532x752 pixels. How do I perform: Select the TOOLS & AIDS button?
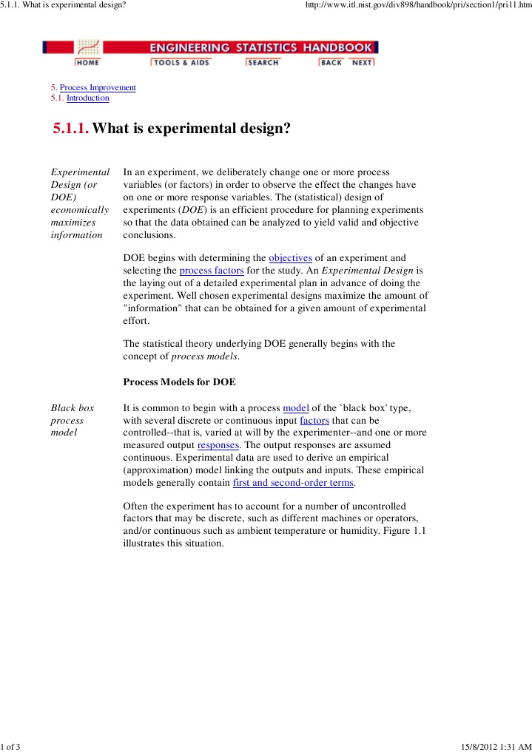[x=181, y=63]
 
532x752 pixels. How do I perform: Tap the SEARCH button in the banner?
[x=263, y=63]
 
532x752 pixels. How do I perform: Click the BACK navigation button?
[x=331, y=63]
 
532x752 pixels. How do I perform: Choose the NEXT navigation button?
[x=363, y=63]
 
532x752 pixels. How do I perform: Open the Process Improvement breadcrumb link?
[x=98, y=87]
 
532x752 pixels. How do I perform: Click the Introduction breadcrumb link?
[x=87, y=98]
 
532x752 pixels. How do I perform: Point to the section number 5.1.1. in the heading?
[x=71, y=129]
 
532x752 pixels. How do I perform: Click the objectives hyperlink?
[x=291, y=258]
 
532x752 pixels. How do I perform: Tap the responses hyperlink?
[x=218, y=446]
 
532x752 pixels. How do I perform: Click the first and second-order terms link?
[x=293, y=483]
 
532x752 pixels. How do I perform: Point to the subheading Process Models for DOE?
[x=179, y=382]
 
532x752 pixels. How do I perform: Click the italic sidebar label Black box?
[x=72, y=408]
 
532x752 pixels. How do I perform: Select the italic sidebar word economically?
[x=79, y=210]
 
